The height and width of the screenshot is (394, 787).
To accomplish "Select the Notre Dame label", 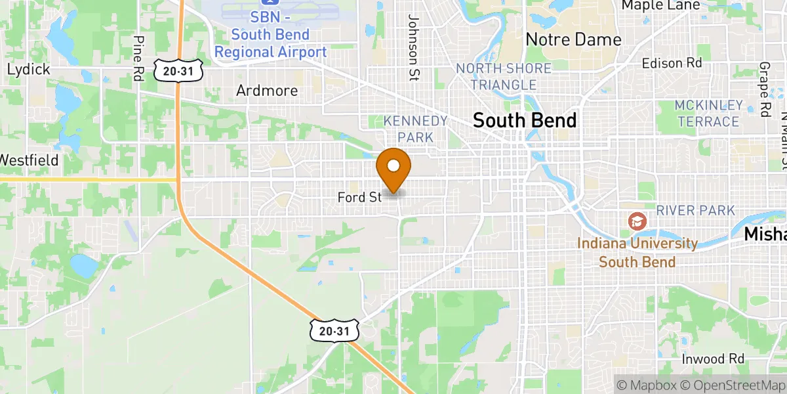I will point(573,39).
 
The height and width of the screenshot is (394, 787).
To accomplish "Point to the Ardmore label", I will point(267,91).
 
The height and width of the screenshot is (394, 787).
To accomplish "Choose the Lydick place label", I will point(28,70).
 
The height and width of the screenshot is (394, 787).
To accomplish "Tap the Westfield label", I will point(29,160).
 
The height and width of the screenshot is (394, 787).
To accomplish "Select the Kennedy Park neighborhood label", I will point(416,129).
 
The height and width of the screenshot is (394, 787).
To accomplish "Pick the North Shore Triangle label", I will point(504,77).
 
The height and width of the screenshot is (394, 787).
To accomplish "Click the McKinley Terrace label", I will point(708,113).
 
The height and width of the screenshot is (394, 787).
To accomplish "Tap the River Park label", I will point(696,210).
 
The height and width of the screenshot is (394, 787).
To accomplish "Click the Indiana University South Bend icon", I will point(637,221).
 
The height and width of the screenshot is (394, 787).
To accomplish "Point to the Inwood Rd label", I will point(712,359).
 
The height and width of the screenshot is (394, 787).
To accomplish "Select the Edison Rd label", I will point(672,63).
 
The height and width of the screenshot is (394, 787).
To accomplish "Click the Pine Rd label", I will point(138,57).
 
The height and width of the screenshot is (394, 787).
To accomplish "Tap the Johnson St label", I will point(413,47).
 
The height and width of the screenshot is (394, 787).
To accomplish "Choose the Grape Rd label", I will point(765,89).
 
